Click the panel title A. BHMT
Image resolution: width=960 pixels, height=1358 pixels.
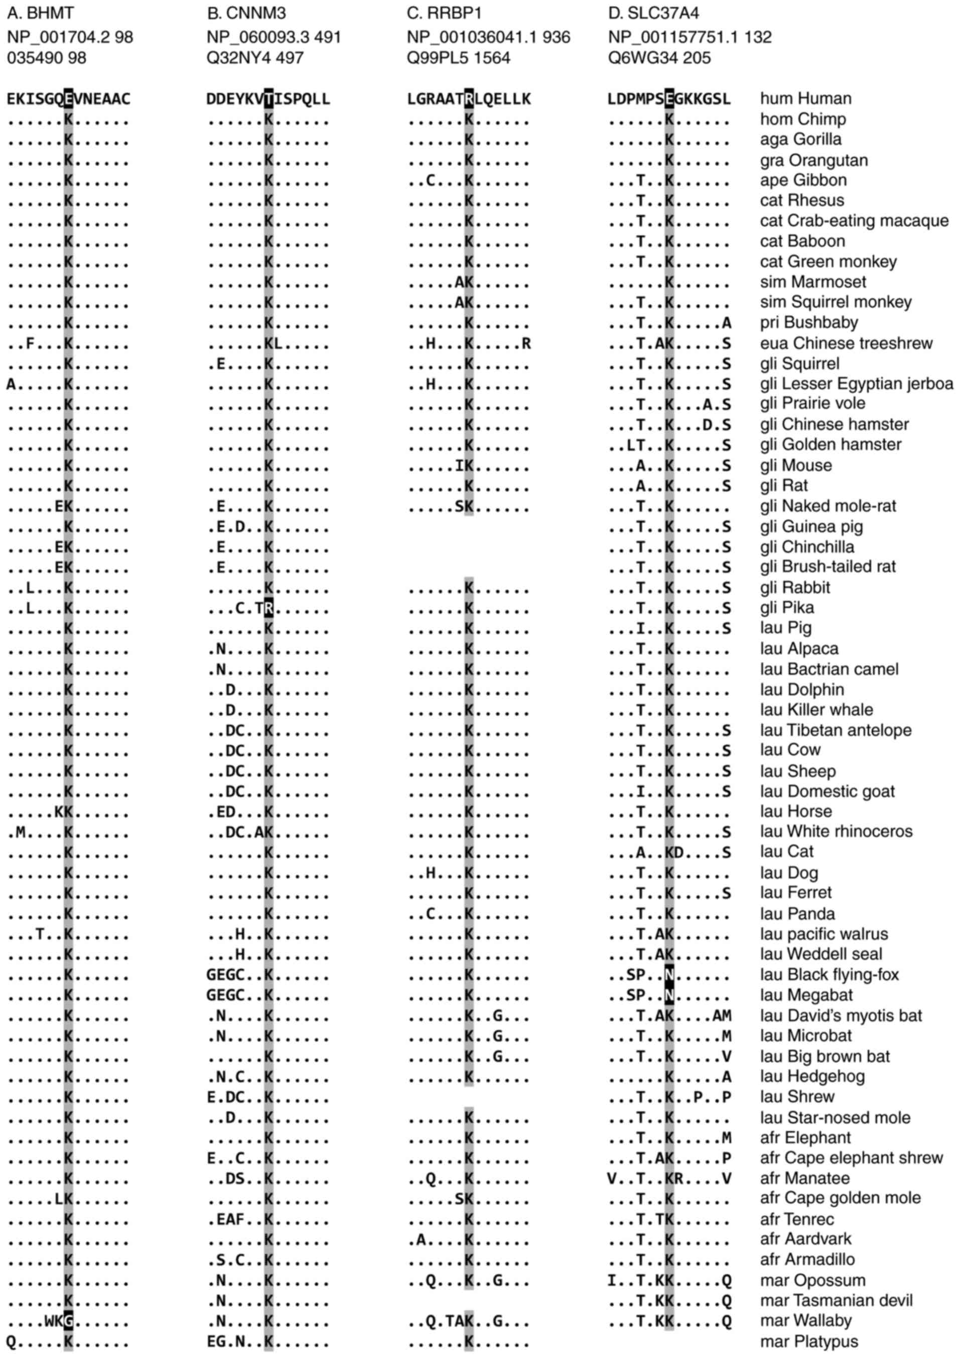[x=41, y=13]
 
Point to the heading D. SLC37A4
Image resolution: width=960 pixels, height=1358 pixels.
[x=654, y=13]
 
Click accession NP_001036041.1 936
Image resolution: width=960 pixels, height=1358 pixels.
[x=488, y=37]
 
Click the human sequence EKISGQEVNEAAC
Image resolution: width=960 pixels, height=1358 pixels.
[x=69, y=99]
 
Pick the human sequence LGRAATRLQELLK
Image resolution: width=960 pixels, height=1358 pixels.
[x=469, y=99]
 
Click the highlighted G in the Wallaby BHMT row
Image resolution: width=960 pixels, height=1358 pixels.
[x=69, y=1321]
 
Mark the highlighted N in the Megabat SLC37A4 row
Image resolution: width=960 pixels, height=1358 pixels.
[x=669, y=995]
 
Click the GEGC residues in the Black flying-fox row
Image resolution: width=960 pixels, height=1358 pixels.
[x=226, y=975]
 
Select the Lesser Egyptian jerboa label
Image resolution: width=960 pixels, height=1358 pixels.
[x=856, y=384]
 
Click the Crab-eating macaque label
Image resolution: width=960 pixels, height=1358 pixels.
[x=854, y=220]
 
